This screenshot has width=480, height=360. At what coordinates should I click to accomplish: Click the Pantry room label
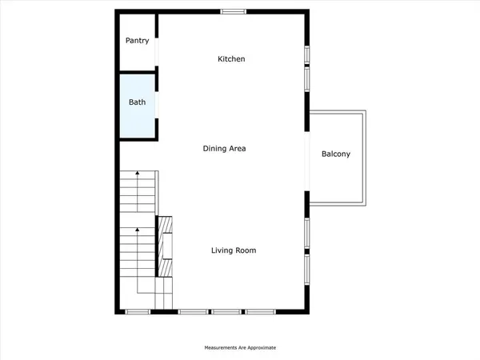137,41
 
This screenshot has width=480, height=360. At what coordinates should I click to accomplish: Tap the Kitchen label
231,59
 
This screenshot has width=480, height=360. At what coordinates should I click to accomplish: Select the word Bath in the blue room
137,102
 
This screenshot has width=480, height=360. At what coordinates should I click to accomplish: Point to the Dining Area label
223,148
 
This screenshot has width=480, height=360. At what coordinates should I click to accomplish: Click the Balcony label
336,154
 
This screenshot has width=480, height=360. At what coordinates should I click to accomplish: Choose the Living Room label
234,250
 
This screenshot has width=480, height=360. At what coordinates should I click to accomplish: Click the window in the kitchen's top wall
233,10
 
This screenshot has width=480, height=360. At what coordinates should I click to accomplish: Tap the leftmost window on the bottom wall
138,310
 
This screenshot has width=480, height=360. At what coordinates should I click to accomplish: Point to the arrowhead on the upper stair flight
138,172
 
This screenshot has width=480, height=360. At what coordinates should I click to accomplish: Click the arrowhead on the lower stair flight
138,230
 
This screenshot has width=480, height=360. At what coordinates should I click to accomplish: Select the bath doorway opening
157,104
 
